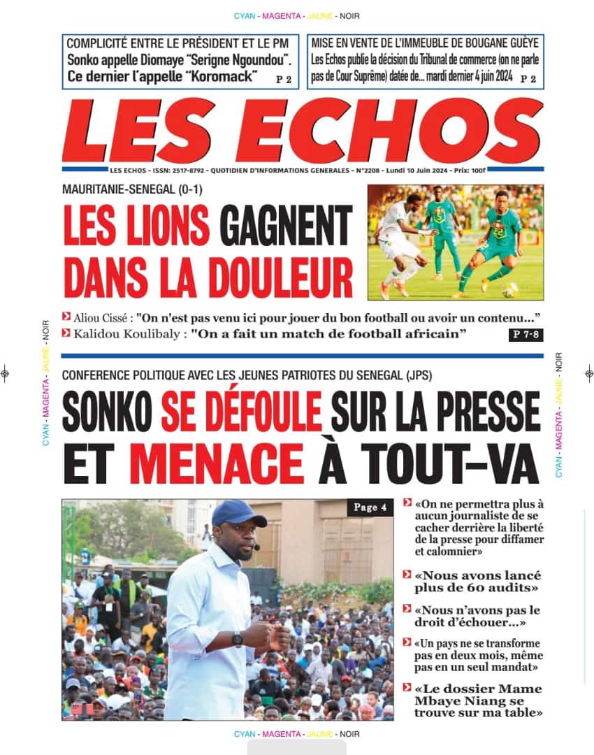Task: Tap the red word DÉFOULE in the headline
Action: pyautogui.click(x=241, y=410)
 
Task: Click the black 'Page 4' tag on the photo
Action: pyautogui.click(x=370, y=508)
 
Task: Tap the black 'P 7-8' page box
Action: pyautogui.click(x=526, y=335)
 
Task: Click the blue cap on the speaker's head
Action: pyautogui.click(x=237, y=513)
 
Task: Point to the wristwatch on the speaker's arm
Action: pyautogui.click(x=238, y=638)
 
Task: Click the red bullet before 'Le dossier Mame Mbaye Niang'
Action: pyautogui.click(x=407, y=688)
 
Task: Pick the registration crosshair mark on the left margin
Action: pyautogui.click(x=5, y=373)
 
